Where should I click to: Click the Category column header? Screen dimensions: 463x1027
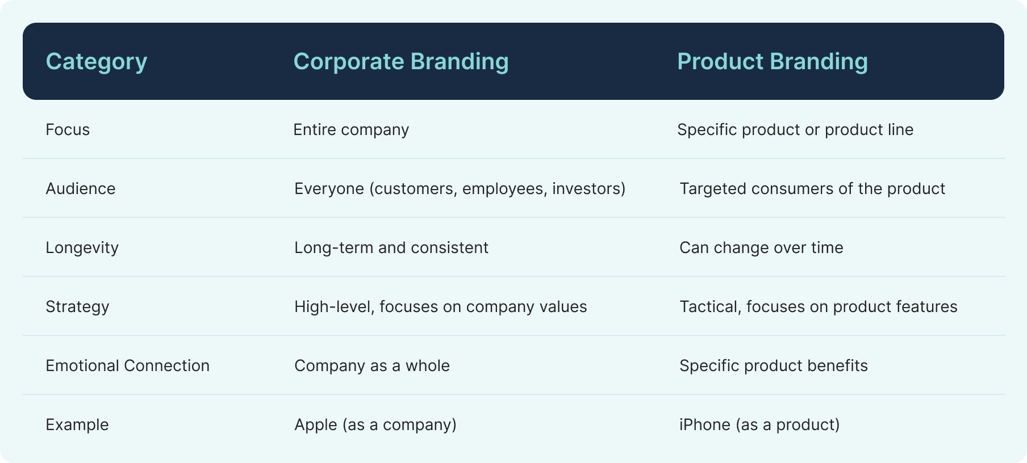(96, 61)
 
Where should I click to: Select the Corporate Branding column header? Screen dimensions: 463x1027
(400, 61)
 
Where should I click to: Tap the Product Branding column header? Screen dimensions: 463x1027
(772, 61)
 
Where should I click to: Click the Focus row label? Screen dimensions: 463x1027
(68, 129)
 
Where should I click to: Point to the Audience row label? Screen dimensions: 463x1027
(80, 188)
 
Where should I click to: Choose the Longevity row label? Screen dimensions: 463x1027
(82, 248)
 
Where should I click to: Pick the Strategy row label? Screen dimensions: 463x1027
(77, 307)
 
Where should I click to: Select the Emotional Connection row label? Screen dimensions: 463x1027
(127, 365)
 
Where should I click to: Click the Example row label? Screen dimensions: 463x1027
(77, 424)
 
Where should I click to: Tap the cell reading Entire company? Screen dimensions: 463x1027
(350, 130)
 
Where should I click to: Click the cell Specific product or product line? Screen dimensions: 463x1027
(795, 130)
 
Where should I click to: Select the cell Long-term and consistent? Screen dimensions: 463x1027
(391, 248)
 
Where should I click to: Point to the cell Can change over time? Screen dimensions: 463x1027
(761, 248)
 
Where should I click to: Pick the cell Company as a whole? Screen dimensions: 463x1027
(371, 365)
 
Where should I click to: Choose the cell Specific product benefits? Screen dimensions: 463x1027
(773, 365)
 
